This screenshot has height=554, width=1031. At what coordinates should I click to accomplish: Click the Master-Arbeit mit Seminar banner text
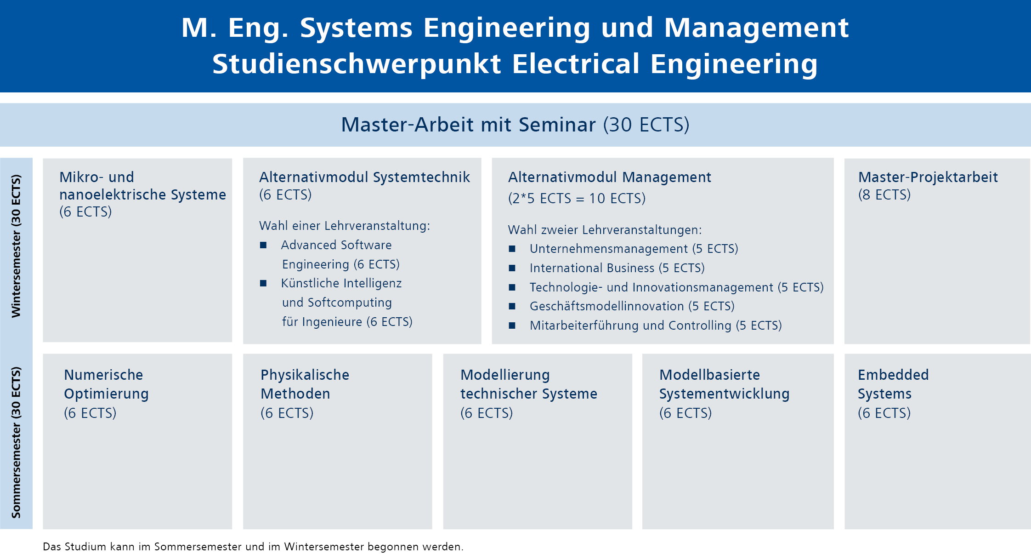tap(515, 125)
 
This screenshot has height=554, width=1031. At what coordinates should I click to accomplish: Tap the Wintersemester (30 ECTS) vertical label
tap(16, 246)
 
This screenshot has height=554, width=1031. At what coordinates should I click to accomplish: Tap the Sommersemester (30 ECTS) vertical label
tap(16, 442)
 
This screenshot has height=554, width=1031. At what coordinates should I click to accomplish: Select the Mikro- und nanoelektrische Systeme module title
tap(142, 186)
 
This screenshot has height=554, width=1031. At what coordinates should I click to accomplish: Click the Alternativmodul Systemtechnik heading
tap(364, 177)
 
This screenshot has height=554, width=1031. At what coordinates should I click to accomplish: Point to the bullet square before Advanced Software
tap(263, 245)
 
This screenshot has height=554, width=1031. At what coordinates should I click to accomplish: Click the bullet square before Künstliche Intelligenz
tap(263, 283)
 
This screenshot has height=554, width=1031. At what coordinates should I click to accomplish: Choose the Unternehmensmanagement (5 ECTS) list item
tap(634, 249)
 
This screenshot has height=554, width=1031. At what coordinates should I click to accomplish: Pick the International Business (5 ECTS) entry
tap(617, 268)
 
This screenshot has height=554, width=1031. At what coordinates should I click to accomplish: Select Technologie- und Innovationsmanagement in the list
tap(651, 287)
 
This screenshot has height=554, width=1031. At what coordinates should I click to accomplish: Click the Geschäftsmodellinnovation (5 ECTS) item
tap(632, 306)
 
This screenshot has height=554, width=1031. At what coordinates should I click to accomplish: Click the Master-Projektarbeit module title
tap(928, 177)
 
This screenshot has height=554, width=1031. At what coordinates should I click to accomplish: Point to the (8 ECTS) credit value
tap(884, 195)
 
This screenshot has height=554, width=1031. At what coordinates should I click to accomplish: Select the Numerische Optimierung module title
tap(106, 384)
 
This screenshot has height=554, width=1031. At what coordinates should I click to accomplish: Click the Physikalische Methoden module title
tap(305, 384)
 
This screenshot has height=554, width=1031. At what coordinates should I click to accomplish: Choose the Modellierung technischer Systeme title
tap(529, 384)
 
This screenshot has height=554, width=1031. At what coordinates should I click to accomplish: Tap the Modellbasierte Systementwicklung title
tap(724, 384)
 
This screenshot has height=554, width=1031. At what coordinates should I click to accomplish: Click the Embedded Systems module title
tap(893, 384)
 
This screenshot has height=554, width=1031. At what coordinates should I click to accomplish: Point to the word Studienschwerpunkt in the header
tap(357, 64)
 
